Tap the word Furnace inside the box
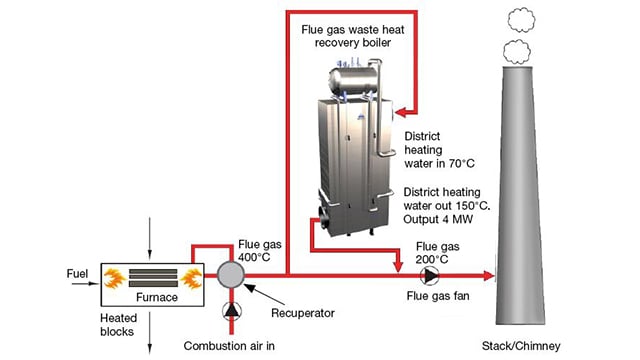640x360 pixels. pos(144,297)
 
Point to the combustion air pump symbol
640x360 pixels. pos(231,310)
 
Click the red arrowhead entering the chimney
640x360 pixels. pos(488,273)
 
